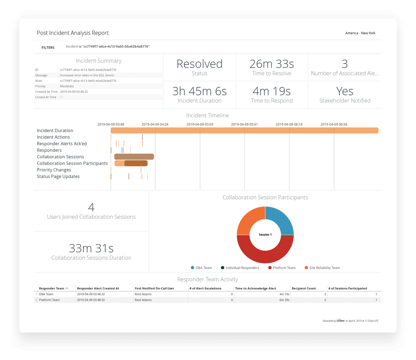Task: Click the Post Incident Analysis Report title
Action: [x=72, y=33]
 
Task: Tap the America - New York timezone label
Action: [x=360, y=33]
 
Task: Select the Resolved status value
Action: [x=199, y=64]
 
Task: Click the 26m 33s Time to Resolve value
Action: [x=271, y=64]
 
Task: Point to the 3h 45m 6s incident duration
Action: [x=199, y=91]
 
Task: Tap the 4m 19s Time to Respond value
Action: [x=271, y=91]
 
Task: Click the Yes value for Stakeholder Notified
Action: [x=345, y=91]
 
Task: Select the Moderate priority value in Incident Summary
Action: [x=67, y=86]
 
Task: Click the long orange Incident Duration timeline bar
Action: [x=244, y=131]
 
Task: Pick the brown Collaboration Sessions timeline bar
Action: [x=134, y=157]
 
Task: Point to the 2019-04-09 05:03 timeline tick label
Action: [x=200, y=124]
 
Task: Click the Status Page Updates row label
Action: [x=58, y=176]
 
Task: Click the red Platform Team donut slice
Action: [x=265, y=253]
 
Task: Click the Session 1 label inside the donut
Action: [x=265, y=235]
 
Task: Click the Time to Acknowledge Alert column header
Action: [x=255, y=288]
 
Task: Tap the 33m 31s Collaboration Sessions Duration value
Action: [x=91, y=248]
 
